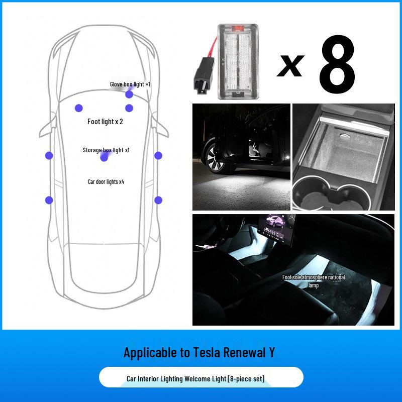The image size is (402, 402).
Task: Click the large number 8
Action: click(x=337, y=66)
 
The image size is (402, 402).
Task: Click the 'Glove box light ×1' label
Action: click(x=130, y=84)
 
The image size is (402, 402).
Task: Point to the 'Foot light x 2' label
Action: click(x=105, y=122)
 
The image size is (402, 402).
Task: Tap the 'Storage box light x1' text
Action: click(x=106, y=150)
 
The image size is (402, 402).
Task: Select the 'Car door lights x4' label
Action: click(x=106, y=181)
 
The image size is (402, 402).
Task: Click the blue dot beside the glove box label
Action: click(x=129, y=94)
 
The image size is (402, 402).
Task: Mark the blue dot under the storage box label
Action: click(x=104, y=158)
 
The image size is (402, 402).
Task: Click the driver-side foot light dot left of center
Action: click(x=78, y=108)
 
